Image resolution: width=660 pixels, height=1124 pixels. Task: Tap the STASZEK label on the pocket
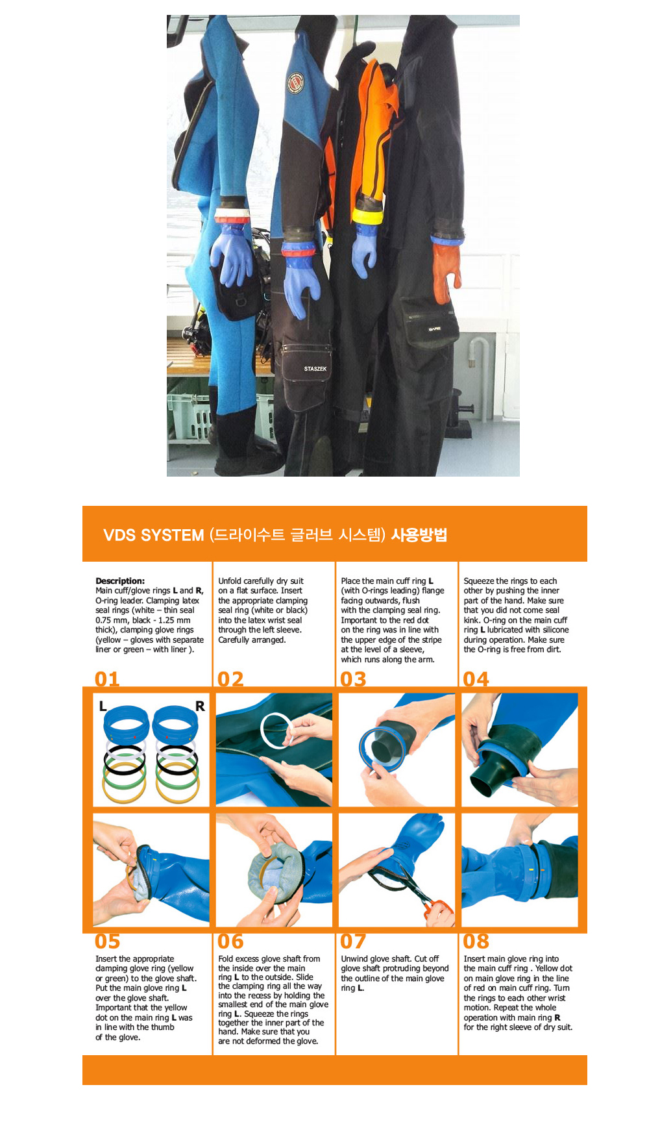[x=315, y=369]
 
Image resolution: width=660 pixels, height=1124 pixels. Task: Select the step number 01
[x=107, y=679]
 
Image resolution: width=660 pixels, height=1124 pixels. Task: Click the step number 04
[x=476, y=679]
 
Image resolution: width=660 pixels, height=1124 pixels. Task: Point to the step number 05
[x=107, y=941]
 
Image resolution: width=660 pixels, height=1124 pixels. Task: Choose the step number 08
[x=476, y=941]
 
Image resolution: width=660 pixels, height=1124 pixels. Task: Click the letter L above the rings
[x=103, y=706]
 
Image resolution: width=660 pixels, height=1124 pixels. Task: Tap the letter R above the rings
[x=200, y=706]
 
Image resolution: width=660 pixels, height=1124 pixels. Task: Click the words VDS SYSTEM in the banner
[x=154, y=535]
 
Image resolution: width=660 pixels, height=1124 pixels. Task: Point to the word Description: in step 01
[x=120, y=581]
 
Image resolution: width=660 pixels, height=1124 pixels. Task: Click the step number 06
[x=230, y=941]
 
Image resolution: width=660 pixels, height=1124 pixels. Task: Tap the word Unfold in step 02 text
[x=230, y=581]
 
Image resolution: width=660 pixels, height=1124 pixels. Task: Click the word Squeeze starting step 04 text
[x=478, y=581]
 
